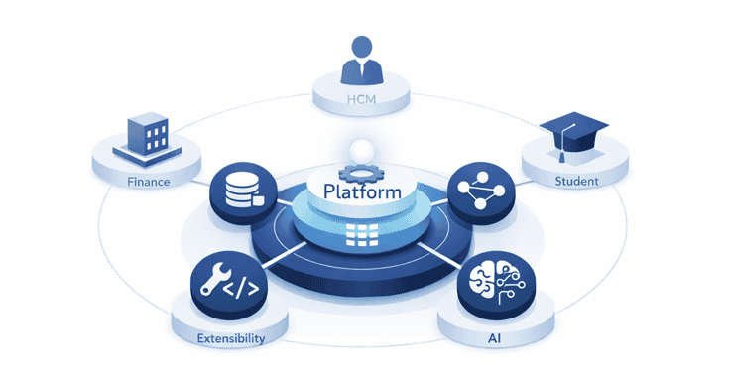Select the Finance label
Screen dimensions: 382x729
[x=149, y=183]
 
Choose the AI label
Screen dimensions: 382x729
[x=493, y=338]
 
